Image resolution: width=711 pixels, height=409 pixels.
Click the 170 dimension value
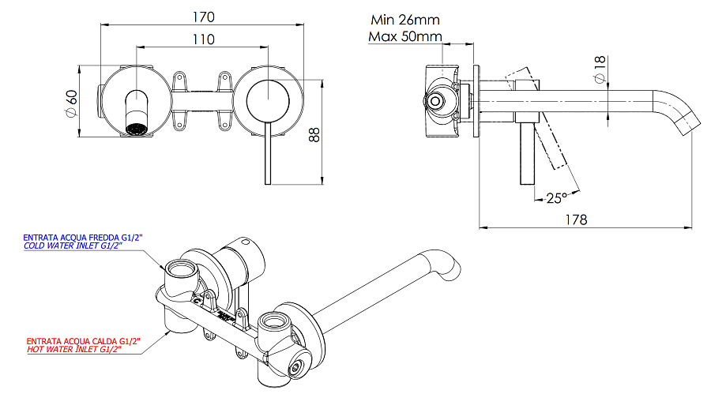point(203,17)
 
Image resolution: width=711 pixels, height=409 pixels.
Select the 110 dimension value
point(203,39)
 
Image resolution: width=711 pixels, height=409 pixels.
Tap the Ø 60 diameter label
point(70,103)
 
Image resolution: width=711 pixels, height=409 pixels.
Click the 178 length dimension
point(576,220)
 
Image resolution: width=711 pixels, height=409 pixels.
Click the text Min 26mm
point(404,20)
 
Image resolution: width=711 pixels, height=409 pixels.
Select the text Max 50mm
point(404,36)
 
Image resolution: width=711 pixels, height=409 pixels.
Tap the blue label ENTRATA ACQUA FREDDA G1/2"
point(81,237)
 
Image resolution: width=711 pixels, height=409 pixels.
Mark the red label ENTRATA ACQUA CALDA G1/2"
point(81,341)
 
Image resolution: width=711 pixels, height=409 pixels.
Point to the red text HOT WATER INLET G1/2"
point(73,350)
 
